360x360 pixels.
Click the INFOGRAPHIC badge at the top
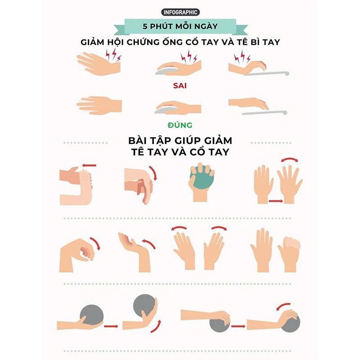point(180,12)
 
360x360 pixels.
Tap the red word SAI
point(180,85)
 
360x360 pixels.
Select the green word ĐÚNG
point(180,125)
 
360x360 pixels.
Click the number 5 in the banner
point(145,27)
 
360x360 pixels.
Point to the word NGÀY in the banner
point(206,26)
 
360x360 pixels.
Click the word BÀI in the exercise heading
point(138,140)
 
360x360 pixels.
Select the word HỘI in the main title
point(116,42)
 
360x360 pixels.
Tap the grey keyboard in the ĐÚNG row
point(265,113)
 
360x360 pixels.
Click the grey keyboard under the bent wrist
point(266,73)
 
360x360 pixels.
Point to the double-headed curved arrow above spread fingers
point(290,159)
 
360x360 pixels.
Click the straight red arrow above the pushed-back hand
point(89,165)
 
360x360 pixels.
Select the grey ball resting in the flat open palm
point(92,315)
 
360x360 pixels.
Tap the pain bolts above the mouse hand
point(189,57)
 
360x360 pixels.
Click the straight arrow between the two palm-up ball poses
point(111,326)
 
